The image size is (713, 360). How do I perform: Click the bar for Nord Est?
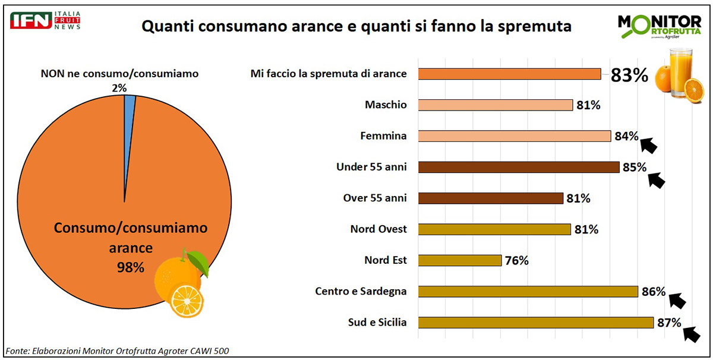460,260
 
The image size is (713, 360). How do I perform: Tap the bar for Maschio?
496,105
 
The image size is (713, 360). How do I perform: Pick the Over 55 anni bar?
491,198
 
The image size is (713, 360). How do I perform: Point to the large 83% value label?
629,75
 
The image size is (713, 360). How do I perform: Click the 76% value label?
516,261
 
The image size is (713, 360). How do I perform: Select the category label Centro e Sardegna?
361,291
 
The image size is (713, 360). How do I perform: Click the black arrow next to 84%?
649,144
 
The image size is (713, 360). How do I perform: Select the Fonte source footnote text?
117,350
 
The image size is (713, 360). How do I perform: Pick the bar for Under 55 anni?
519,167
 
